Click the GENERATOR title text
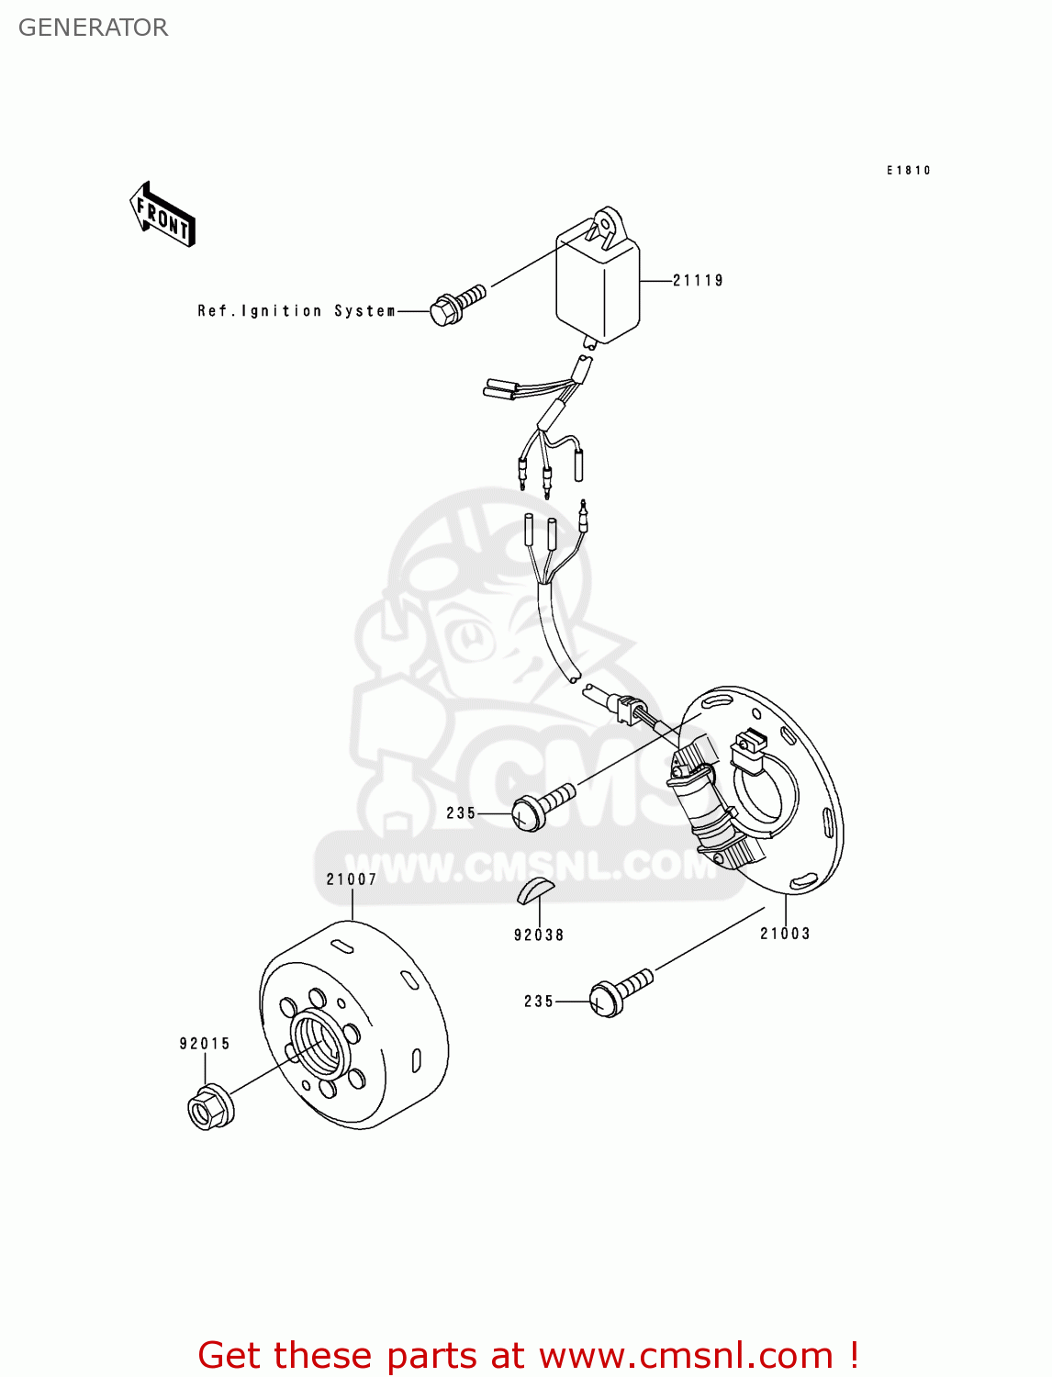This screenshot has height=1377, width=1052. (x=93, y=28)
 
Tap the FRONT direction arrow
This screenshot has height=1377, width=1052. (x=162, y=215)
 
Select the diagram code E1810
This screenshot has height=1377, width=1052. (x=908, y=171)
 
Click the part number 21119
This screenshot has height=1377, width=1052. (x=698, y=281)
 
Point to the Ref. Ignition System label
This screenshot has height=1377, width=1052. (x=297, y=311)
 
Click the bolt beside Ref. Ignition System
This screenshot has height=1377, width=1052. (x=456, y=305)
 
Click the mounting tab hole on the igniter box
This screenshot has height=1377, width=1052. (x=606, y=220)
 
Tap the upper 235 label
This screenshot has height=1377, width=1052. (x=461, y=813)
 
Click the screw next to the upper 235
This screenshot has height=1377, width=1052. (x=542, y=806)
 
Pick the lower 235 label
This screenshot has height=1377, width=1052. (x=539, y=1002)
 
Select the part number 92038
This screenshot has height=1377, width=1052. (x=539, y=935)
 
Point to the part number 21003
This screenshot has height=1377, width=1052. (x=785, y=934)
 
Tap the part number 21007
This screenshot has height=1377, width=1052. (x=352, y=879)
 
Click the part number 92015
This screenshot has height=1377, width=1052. (x=205, y=1044)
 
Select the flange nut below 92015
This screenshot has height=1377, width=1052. (x=210, y=1107)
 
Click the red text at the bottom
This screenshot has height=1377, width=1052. (x=528, y=1355)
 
